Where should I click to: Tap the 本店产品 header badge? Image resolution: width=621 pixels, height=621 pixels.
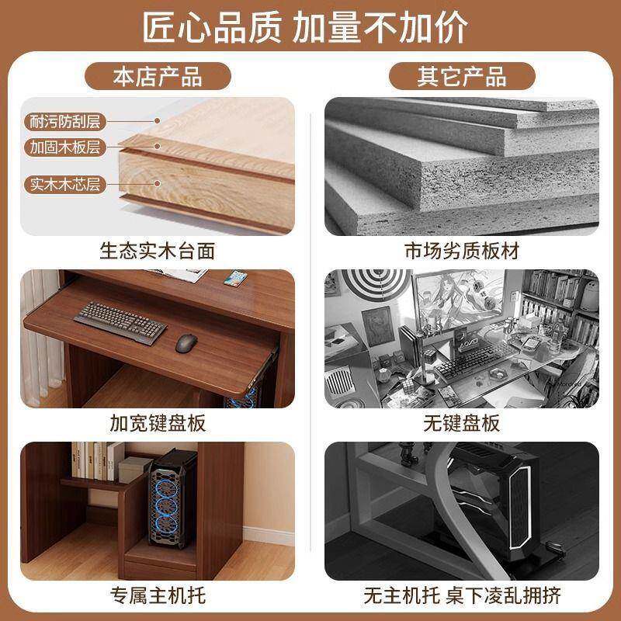coord(158,77)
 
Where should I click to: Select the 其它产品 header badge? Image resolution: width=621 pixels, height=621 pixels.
coord(462,77)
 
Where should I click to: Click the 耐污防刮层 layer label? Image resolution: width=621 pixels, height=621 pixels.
coord(66,121)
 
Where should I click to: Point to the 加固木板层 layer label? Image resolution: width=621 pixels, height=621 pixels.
coord(66,145)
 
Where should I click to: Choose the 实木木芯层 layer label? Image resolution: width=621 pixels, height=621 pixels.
coord(66,185)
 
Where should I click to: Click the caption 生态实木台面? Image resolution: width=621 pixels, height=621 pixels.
coord(158,251)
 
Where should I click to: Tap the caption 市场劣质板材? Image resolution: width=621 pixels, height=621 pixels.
coord(462,251)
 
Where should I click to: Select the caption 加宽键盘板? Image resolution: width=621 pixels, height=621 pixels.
coord(158,423)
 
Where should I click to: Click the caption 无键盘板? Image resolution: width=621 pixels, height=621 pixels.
coord(462,423)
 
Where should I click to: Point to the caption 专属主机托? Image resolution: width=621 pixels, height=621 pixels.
coord(158,595)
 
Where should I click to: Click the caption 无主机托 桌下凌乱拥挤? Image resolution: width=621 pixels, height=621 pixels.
coord(462,595)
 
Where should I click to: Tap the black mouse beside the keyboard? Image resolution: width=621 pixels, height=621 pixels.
coord(186,342)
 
